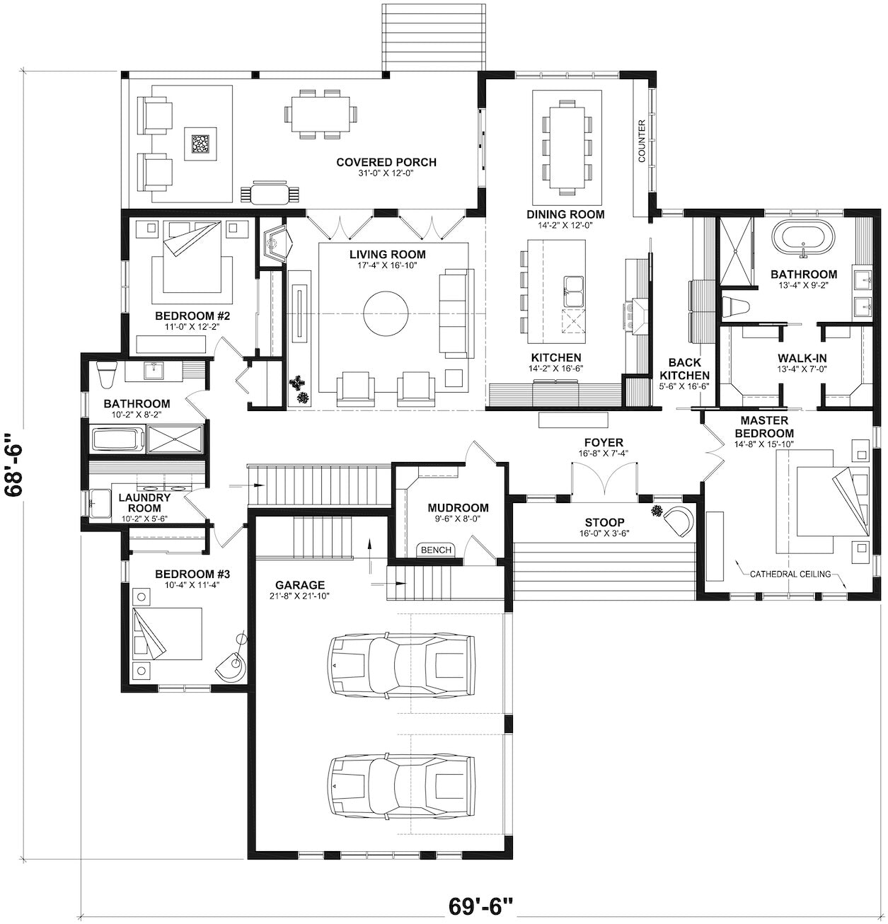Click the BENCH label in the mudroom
[x=435, y=550]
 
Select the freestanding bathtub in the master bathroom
[x=803, y=240]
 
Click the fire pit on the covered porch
[x=200, y=144]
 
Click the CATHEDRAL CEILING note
[x=790, y=574]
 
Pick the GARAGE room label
[x=299, y=585]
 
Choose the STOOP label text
[x=604, y=522]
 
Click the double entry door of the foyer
[x=604, y=480]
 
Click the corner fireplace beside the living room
[x=277, y=246]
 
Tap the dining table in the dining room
[x=567, y=147]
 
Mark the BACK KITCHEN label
[x=684, y=369]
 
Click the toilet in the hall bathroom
[x=106, y=374]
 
